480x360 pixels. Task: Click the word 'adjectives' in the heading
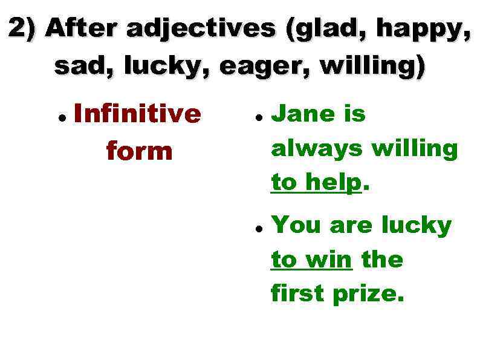pyautogui.click(x=199, y=29)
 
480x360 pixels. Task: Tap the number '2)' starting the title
pyautogui.click(x=23, y=28)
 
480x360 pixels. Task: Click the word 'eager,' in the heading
pyautogui.click(x=265, y=66)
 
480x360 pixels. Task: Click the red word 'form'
pyautogui.click(x=139, y=151)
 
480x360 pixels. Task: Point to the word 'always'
pyautogui.click(x=317, y=148)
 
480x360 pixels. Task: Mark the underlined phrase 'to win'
pyautogui.click(x=311, y=260)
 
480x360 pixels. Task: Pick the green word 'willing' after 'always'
pyautogui.click(x=414, y=148)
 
